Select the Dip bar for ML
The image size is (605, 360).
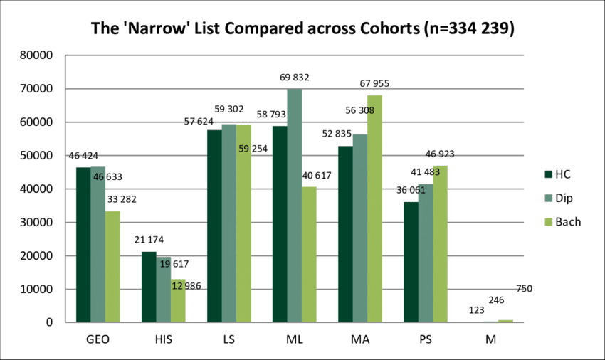pos(295,206)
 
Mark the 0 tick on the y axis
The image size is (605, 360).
pos(50,323)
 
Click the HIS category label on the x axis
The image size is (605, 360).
pos(164,340)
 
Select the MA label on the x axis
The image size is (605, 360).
pos(360,340)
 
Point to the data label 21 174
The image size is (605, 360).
pos(148,240)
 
